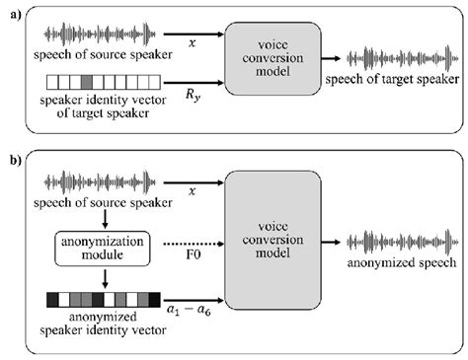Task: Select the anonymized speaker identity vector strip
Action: (x=90, y=296)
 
